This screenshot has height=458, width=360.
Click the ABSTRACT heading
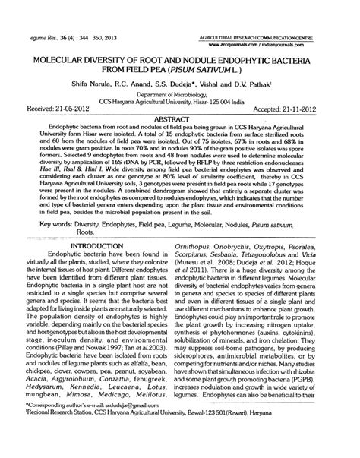(180, 120)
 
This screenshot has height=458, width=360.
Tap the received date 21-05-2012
(56, 109)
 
